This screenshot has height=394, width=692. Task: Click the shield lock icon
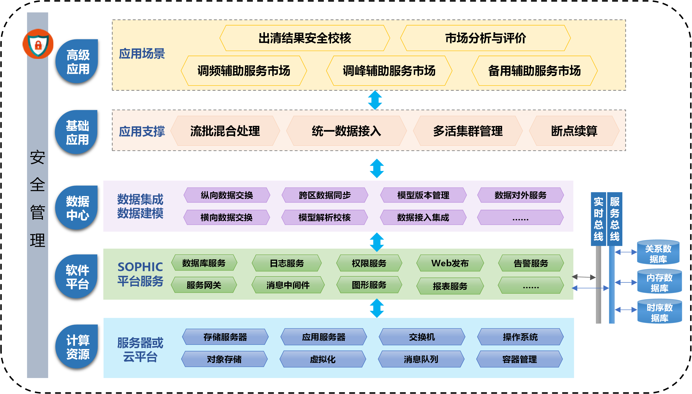(x=38, y=44)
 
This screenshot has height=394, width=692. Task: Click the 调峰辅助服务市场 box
(x=389, y=71)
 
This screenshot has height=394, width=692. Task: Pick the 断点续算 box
(x=574, y=131)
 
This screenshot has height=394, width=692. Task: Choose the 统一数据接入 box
(x=346, y=131)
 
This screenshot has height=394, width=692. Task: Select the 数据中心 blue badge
(x=78, y=208)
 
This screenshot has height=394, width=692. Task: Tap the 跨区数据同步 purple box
(x=325, y=195)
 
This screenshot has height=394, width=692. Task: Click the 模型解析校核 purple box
(x=325, y=217)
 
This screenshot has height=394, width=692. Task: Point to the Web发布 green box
(x=450, y=263)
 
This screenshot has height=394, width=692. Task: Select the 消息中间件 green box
(x=288, y=285)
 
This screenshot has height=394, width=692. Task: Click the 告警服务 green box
(x=531, y=263)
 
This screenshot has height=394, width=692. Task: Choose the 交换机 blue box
(x=422, y=337)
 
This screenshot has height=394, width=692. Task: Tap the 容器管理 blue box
(x=520, y=359)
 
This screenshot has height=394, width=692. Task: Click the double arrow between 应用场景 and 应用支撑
(x=375, y=100)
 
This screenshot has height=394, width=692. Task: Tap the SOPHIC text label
(x=140, y=267)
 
